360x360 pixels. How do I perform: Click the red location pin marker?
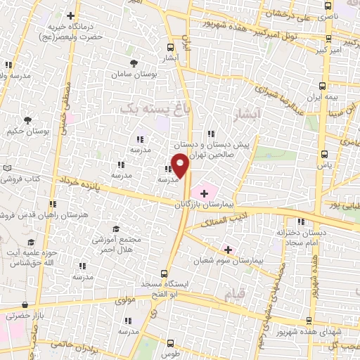180,165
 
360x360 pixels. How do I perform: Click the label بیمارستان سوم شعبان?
227,259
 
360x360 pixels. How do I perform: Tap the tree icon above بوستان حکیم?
28,120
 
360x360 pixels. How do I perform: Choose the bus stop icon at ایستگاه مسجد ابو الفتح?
165,273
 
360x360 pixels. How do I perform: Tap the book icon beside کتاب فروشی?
7,168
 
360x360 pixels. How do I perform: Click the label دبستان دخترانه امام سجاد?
300,236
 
